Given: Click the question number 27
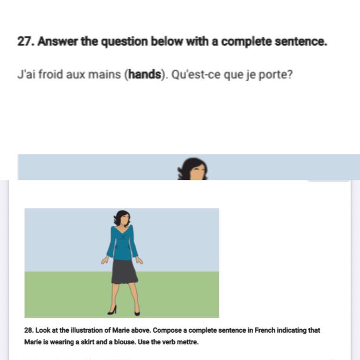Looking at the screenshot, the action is pos(26,42).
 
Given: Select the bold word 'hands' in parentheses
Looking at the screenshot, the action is pos(144,74).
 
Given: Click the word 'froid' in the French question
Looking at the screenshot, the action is pos(50,74).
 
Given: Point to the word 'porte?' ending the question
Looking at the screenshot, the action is pos(276,75).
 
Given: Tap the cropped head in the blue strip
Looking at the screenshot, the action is pos(193,169).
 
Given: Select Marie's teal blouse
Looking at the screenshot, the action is pos(122,243).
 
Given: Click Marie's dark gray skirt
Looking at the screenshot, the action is pos(124,272).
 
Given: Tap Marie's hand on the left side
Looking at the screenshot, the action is pos(105,260).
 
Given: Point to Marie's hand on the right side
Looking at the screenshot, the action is pos(139,260).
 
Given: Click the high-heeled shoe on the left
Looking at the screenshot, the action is pos(112,310).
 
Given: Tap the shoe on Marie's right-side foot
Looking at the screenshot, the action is pos(137,312).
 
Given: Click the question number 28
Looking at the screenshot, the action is pos(29,330).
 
